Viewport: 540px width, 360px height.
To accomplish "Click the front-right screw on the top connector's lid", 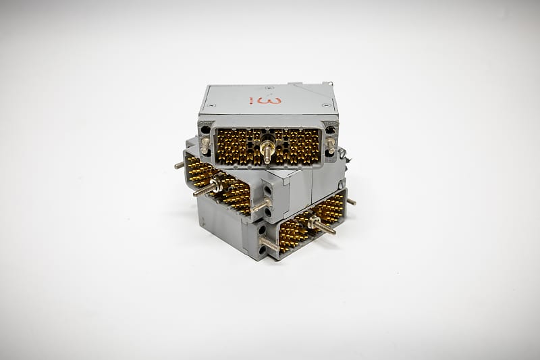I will coord(327,105).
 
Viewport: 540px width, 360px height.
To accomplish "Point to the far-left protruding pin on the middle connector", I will coord(179,165).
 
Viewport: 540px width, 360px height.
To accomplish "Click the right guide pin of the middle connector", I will coord(259,204).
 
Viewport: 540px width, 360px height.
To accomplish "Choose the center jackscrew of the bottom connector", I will coord(320,225).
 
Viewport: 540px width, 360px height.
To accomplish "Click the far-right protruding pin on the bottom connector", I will coord(351,201).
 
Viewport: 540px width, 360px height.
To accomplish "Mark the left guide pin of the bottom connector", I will coord(268,243).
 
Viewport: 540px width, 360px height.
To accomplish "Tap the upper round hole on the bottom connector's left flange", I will coord(261,230).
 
